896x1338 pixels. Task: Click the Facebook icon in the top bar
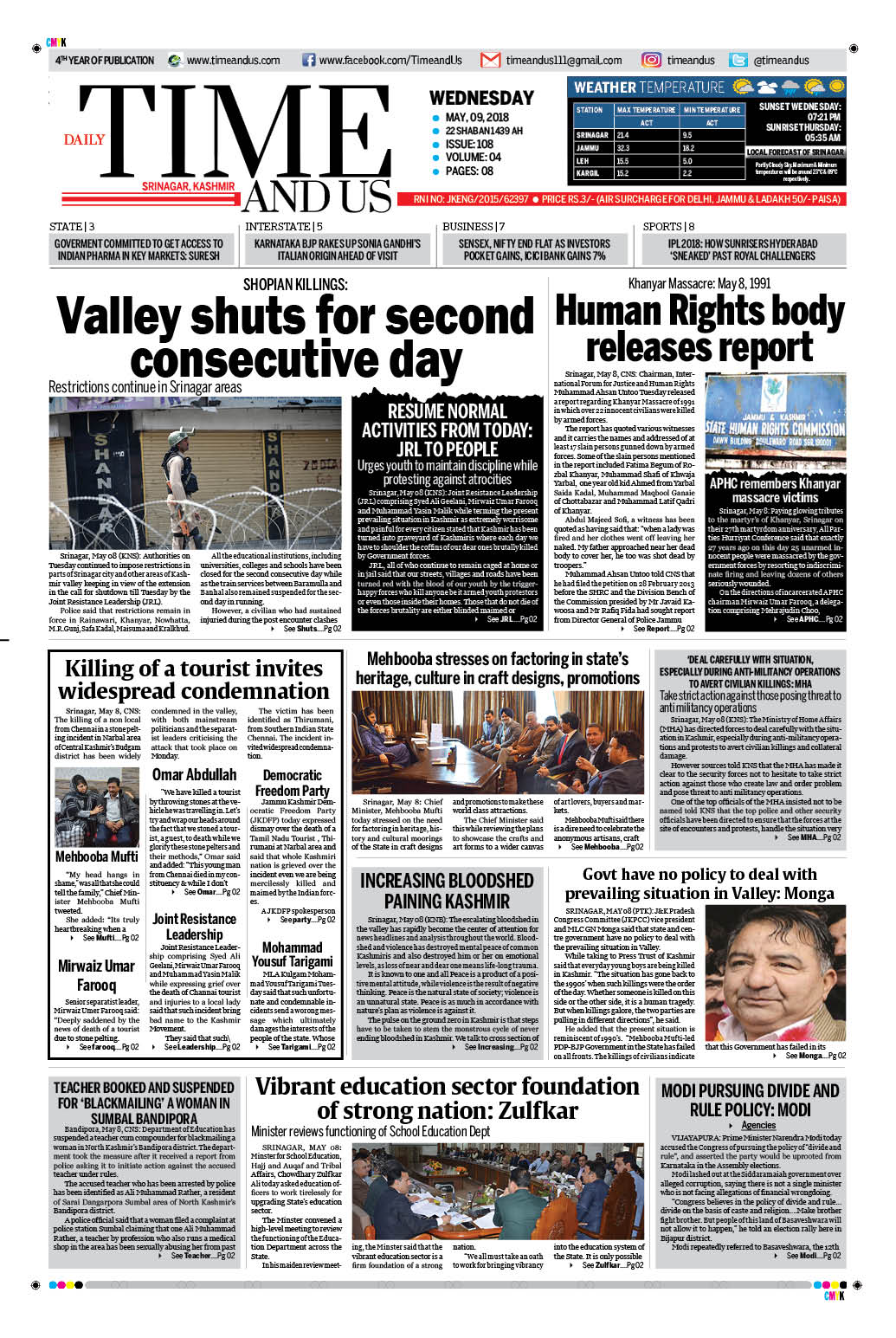308,61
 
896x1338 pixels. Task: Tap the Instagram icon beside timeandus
651,60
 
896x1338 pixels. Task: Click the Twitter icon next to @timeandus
738,60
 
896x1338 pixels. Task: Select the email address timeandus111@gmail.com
564,61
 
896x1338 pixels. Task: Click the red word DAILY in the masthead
84,139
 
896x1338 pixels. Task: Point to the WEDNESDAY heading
481,98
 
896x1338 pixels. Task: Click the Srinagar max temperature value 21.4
623,135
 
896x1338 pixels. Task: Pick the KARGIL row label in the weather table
588,173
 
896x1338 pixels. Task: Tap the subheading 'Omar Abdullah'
194,775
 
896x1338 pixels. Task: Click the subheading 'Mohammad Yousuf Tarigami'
292,954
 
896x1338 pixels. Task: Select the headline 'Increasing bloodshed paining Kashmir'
447,890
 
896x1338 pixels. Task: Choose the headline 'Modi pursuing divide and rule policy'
750,1100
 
